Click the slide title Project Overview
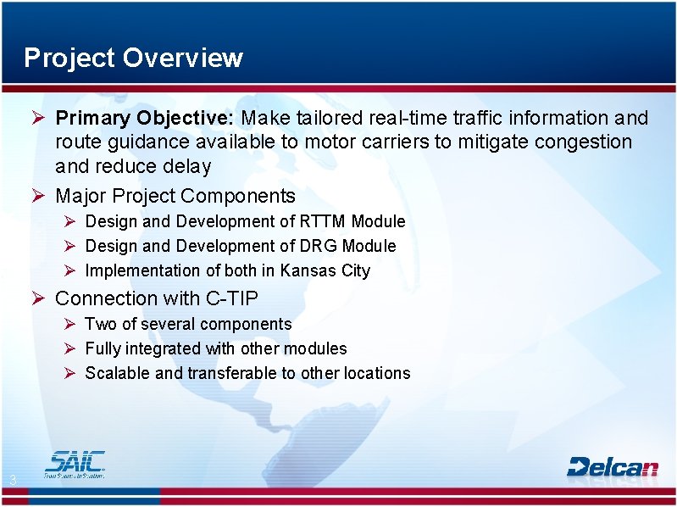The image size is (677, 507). [x=133, y=58]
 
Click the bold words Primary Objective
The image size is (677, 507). [x=145, y=118]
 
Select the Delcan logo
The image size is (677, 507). [x=612, y=466]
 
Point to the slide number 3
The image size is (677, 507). [x=13, y=482]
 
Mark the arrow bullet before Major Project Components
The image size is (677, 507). [x=36, y=196]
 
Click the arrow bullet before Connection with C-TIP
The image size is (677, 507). [x=36, y=298]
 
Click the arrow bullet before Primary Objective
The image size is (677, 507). [x=36, y=118]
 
